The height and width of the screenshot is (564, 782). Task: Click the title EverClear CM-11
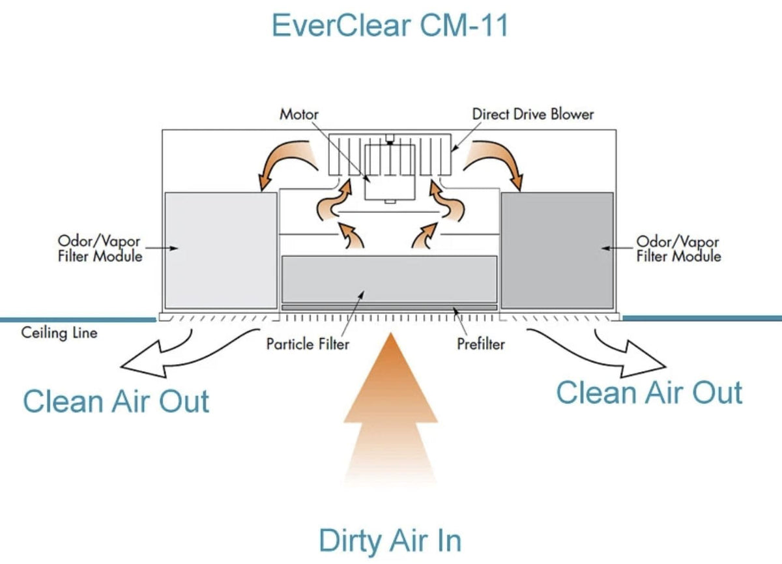(x=390, y=26)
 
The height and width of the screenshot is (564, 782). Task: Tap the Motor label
(x=298, y=114)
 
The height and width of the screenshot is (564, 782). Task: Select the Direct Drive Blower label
(x=533, y=114)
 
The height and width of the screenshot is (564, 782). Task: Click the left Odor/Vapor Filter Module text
(x=100, y=249)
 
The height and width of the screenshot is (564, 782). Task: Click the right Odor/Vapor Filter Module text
(x=678, y=249)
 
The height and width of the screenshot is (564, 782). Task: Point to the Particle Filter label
(x=307, y=343)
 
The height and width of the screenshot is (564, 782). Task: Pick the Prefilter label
(x=480, y=343)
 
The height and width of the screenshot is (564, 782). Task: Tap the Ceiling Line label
(x=59, y=333)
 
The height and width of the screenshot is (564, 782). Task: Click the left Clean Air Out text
(x=116, y=401)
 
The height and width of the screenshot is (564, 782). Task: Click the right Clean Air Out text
(x=649, y=392)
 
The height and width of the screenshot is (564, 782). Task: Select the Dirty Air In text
(x=390, y=541)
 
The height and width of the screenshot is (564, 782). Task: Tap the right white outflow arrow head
(x=645, y=363)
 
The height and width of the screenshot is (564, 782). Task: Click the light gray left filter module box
(x=220, y=250)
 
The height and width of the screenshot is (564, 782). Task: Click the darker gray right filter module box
(x=557, y=250)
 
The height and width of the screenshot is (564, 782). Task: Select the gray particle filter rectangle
(x=389, y=279)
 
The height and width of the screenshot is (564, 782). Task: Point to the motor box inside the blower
(x=390, y=173)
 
